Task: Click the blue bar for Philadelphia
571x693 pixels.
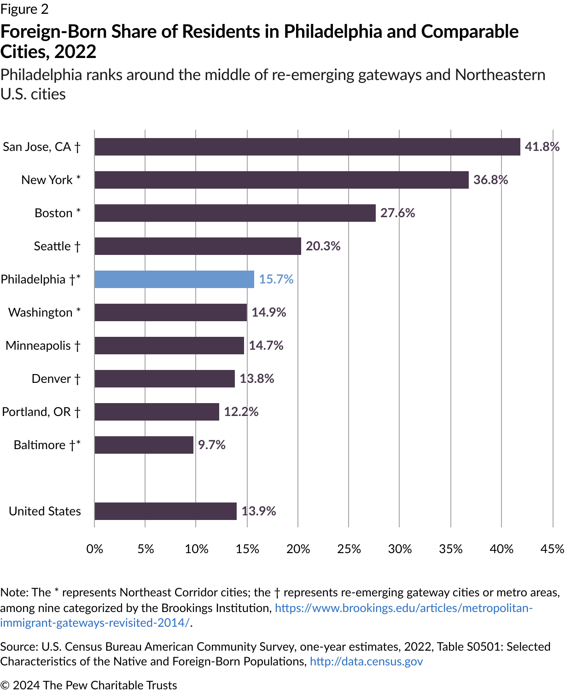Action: click(x=174, y=279)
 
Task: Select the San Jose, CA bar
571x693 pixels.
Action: click(x=307, y=147)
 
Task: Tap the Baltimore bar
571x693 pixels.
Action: click(x=144, y=445)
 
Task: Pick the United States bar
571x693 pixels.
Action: click(x=165, y=511)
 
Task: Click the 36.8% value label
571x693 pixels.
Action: click(x=490, y=180)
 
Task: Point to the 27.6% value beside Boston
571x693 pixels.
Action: click(x=397, y=213)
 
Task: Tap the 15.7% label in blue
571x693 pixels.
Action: click(x=276, y=279)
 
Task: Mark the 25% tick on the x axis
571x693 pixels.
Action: click(x=349, y=549)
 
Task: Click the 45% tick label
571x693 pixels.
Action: click(x=552, y=549)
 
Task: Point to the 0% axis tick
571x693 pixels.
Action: click(x=95, y=549)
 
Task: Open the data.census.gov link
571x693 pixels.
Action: click(x=366, y=662)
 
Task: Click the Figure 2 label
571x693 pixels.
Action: click(x=24, y=9)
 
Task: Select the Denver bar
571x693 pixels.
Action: click(x=164, y=379)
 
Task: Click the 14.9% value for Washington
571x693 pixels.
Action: click(x=268, y=312)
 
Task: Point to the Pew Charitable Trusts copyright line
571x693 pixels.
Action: click(x=88, y=685)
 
